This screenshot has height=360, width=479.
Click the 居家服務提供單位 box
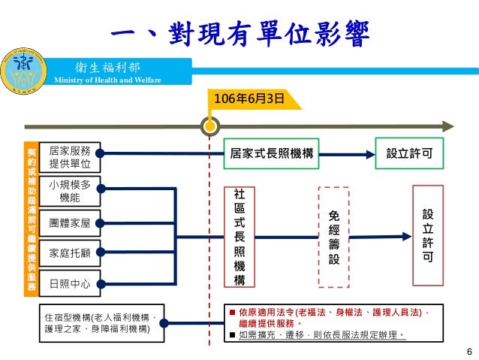pyautogui.click(x=69, y=157)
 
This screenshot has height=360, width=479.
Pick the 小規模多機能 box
pyautogui.click(x=69, y=192)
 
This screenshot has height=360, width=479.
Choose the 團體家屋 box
pyautogui.click(x=69, y=223)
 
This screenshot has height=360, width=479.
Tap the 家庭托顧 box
pyautogui.click(x=69, y=253)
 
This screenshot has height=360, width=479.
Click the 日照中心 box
pyautogui.click(x=69, y=284)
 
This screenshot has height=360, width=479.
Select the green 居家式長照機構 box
pyautogui.click(x=272, y=153)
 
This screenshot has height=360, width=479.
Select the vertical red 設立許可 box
pyautogui.click(x=426, y=236)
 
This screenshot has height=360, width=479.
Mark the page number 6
pyautogui.click(x=469, y=352)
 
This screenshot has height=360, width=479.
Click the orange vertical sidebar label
pyautogui.click(x=32, y=218)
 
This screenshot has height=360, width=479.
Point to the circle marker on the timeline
pyautogui.click(x=209, y=126)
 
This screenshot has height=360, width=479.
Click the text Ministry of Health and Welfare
pyautogui.click(x=102, y=81)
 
